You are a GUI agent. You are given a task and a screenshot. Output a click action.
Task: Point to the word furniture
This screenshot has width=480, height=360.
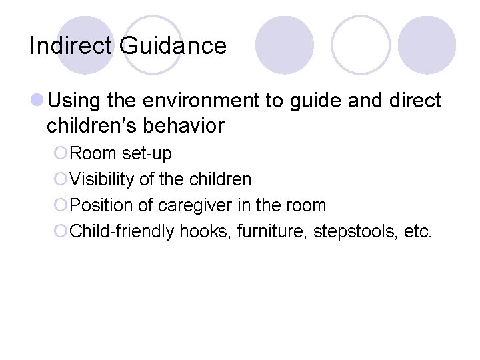259,232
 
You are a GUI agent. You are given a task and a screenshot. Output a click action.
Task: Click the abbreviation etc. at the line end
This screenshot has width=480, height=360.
418,232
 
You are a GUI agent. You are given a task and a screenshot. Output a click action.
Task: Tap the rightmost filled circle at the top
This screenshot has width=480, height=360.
427,45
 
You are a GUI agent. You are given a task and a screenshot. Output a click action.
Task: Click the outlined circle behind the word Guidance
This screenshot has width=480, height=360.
153,45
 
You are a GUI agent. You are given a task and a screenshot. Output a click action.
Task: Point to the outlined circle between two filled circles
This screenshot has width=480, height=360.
361,45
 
